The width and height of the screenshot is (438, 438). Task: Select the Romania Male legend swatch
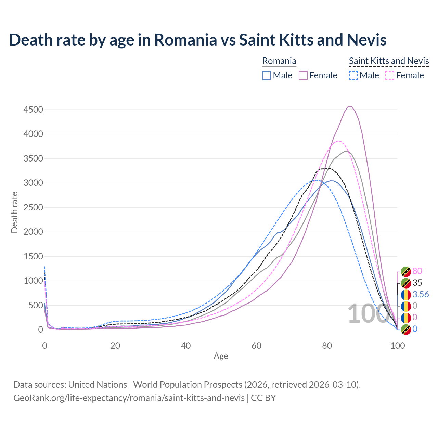(x=267, y=75)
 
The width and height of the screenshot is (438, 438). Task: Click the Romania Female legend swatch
(x=303, y=75)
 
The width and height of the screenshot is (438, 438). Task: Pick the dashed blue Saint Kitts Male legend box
(x=353, y=75)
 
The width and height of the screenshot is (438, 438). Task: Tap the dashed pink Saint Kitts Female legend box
(x=390, y=75)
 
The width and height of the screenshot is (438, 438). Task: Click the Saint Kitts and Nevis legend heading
(x=389, y=61)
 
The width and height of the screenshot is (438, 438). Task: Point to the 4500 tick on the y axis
(x=33, y=109)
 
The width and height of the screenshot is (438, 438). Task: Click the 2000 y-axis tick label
(x=33, y=232)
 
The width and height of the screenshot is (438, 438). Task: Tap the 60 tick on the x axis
(x=256, y=346)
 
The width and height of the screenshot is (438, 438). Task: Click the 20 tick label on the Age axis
(x=115, y=346)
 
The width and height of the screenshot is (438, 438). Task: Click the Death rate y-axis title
(x=14, y=212)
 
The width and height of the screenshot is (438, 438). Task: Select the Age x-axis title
(x=221, y=356)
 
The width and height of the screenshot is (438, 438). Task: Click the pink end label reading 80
(x=417, y=271)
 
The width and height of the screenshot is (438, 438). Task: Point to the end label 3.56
(x=421, y=294)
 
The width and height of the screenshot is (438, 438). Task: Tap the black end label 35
(x=417, y=283)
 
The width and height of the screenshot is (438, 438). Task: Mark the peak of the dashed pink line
(x=338, y=141)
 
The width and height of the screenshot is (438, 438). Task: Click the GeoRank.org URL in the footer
(x=129, y=398)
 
